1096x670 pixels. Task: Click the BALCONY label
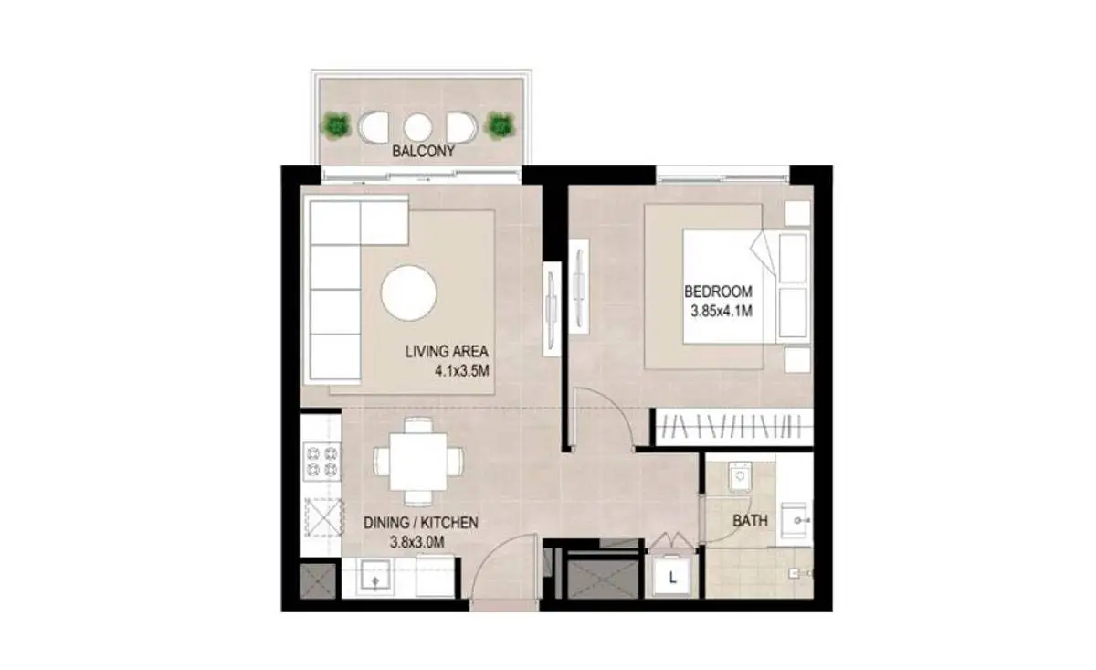click(x=423, y=151)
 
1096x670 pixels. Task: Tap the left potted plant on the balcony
click(x=336, y=125)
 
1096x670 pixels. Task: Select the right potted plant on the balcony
click(x=501, y=125)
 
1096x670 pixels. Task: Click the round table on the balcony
click(x=418, y=127)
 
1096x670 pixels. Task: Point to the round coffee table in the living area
click(x=408, y=293)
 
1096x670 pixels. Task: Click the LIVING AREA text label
click(x=447, y=351)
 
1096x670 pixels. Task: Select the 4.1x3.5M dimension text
click(x=462, y=371)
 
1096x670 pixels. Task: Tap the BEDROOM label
click(x=718, y=292)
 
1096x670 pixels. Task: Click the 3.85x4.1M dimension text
click(x=722, y=311)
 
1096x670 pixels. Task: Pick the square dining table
click(x=418, y=462)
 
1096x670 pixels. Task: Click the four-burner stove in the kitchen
click(x=321, y=462)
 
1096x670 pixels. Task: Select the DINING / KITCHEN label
click(x=421, y=523)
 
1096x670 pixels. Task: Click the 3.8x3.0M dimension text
click(x=416, y=542)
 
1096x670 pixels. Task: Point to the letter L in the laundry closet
click(x=673, y=579)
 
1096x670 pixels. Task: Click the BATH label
click(x=750, y=521)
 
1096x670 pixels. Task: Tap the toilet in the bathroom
click(x=739, y=477)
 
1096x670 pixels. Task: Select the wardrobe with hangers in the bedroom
click(x=734, y=427)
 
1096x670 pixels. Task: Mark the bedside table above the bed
click(x=797, y=213)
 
